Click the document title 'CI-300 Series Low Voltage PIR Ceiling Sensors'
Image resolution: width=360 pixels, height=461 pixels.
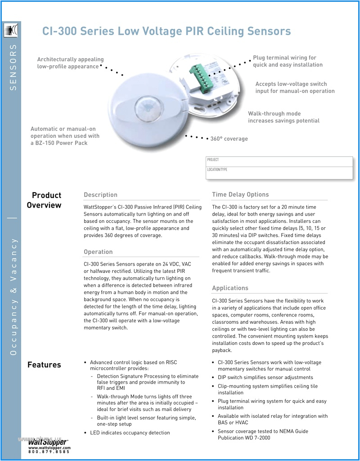pos(166,31)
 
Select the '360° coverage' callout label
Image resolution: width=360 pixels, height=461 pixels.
pos(229,139)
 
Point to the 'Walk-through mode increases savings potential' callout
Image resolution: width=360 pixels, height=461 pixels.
pos(283,117)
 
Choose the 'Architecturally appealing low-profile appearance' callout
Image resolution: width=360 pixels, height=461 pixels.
pos(70,63)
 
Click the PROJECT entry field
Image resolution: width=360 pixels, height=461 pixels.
pos(279,162)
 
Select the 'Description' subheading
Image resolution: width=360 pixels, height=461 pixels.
pos(100,194)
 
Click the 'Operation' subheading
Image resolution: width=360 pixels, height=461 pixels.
pos(98,252)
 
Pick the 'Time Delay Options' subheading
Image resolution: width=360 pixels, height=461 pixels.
pos(240,194)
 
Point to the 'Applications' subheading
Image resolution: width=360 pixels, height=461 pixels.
pos(230,288)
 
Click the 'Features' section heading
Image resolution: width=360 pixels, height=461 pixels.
pos(44,365)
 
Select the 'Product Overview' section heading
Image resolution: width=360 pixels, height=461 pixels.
pos(44,200)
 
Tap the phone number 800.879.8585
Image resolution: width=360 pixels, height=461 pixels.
pos(49,452)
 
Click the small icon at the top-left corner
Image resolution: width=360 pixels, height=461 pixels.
pos(10,31)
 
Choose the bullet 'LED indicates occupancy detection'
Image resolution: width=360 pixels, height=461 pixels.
pos(130,433)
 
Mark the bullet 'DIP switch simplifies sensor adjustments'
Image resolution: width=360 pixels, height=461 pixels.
pos(265,377)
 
